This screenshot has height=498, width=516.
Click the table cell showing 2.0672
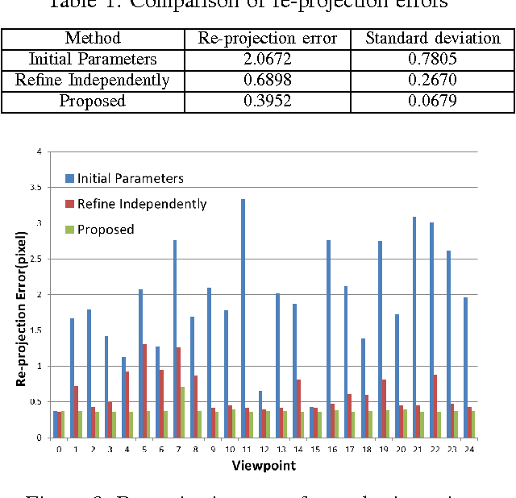click(x=272, y=59)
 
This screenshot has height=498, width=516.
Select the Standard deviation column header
click(x=432, y=38)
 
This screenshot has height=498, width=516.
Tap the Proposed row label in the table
click(x=93, y=101)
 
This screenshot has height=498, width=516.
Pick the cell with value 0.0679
click(x=432, y=101)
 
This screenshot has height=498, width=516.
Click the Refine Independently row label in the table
click(x=93, y=80)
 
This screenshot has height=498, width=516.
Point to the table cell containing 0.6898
click(x=272, y=80)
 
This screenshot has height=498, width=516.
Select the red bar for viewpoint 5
click(x=144, y=391)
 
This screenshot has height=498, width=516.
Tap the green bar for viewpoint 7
click(x=183, y=412)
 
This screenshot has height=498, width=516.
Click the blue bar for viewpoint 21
click(x=414, y=327)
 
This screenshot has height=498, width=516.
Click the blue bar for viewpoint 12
click(x=260, y=414)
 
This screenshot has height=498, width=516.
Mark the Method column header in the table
click(x=93, y=38)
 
